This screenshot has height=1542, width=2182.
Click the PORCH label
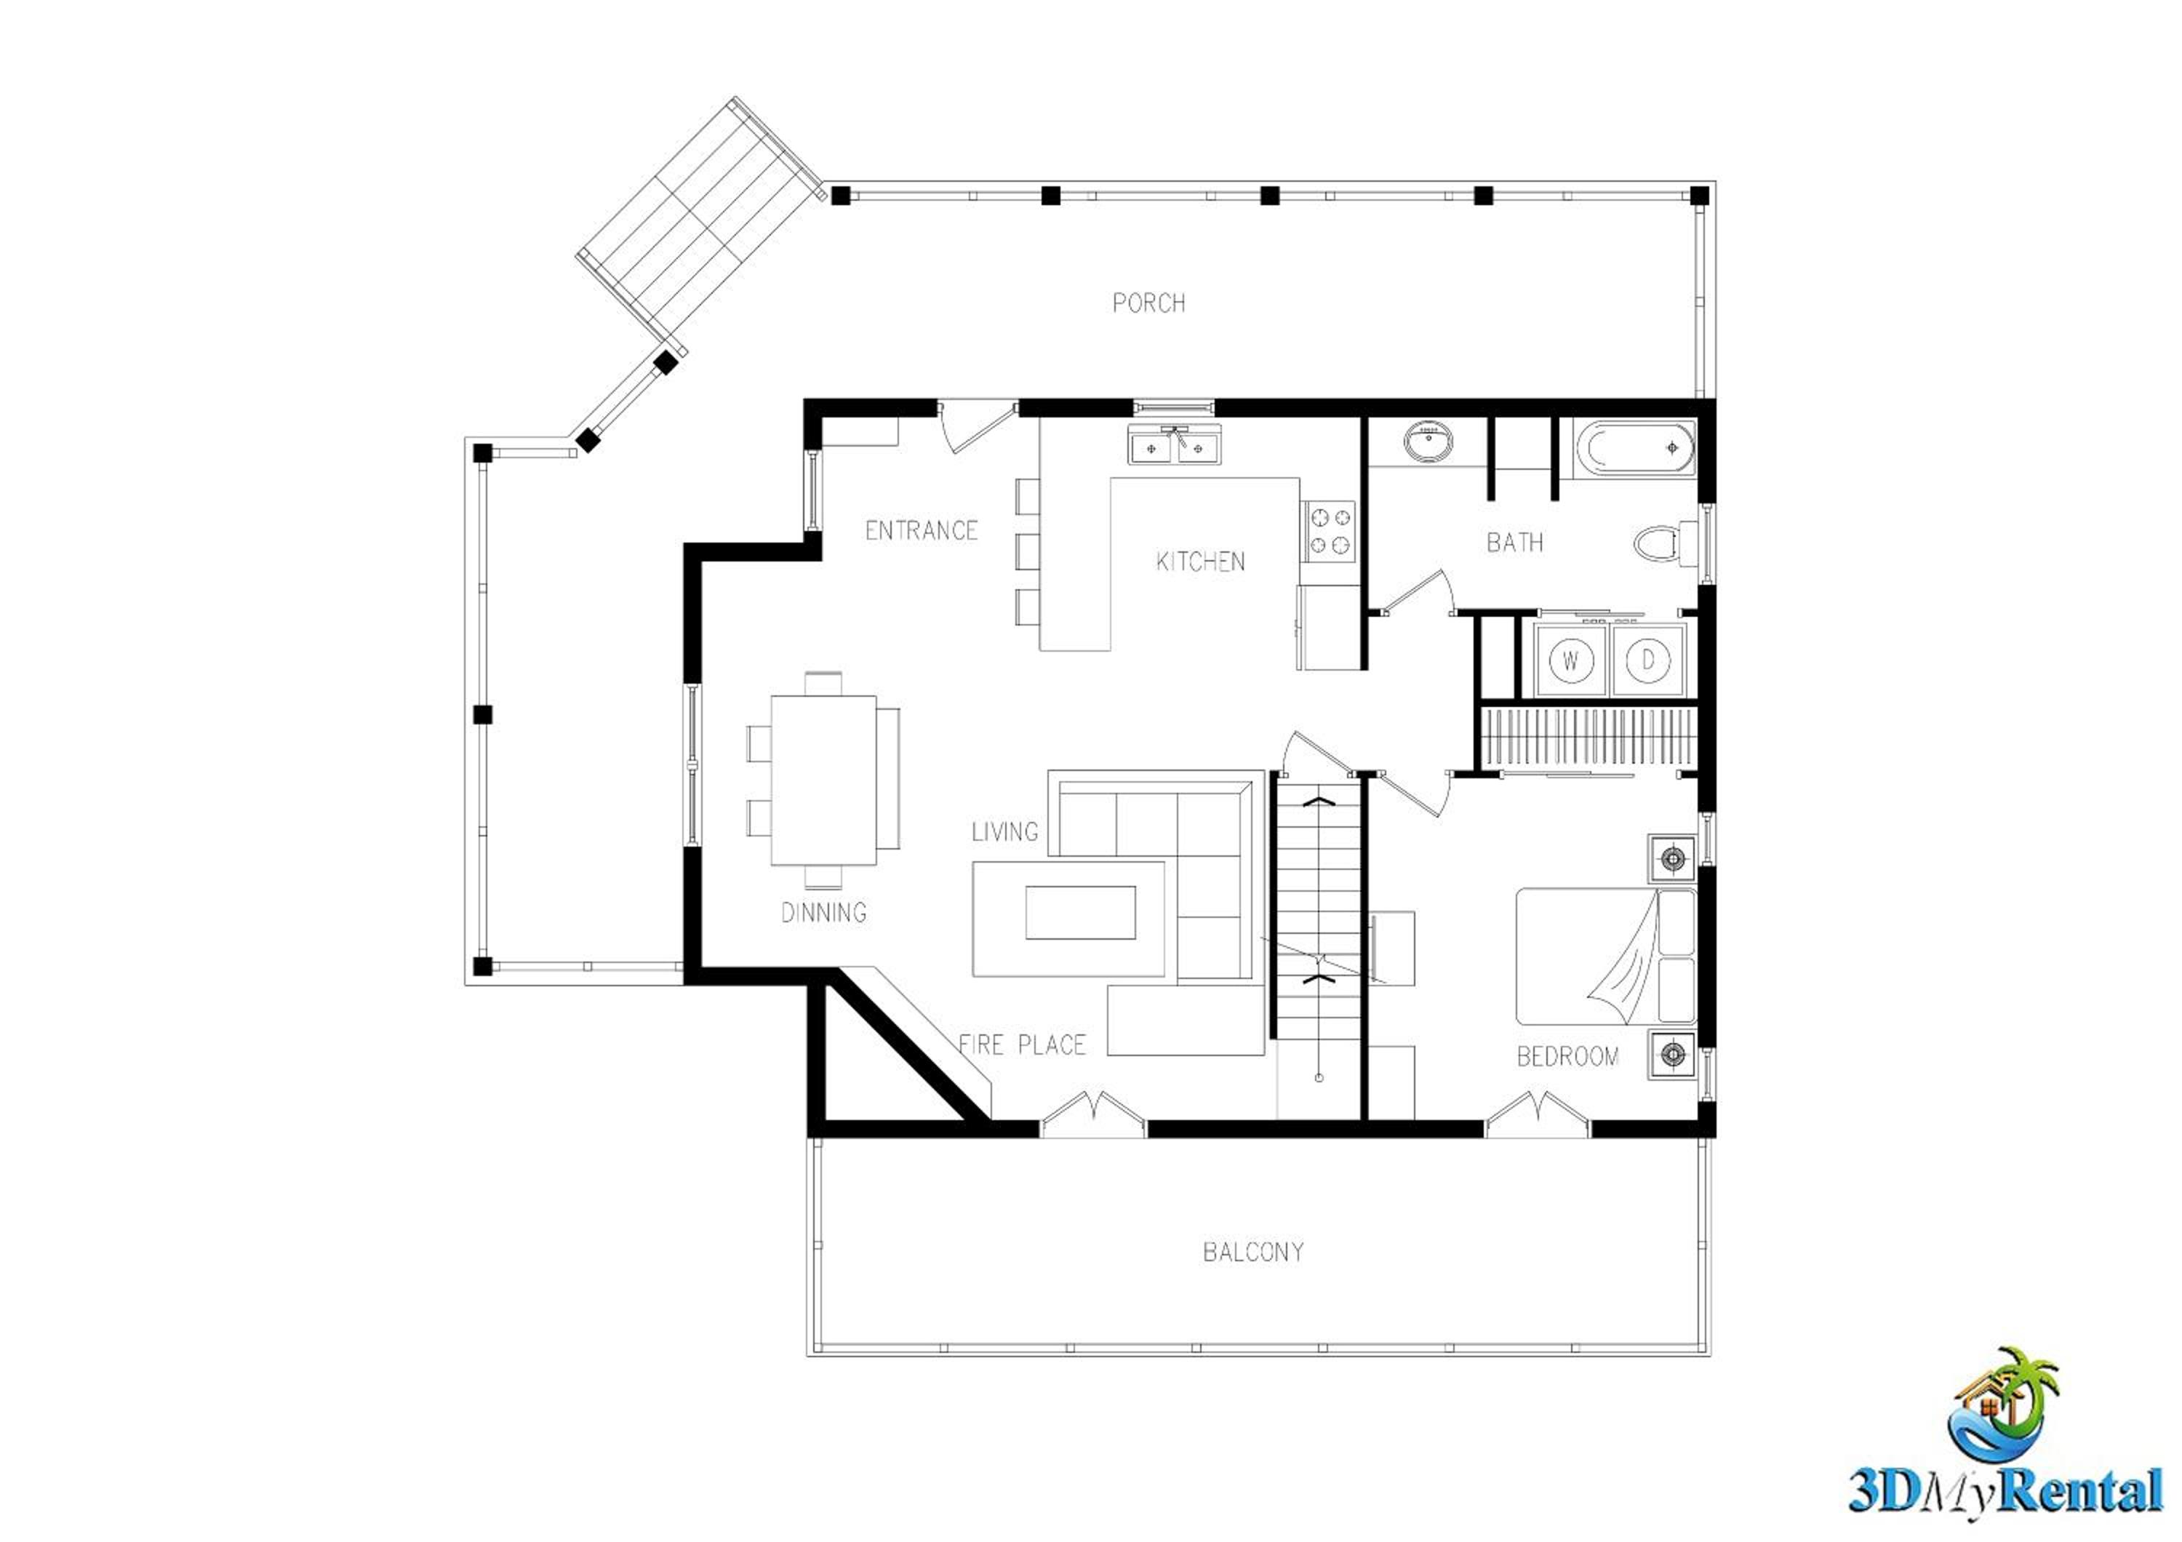tap(1149, 303)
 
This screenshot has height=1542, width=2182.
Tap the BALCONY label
tap(1253, 1253)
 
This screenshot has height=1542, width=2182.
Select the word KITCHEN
tap(1200, 562)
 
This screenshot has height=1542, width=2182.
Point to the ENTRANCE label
tap(921, 530)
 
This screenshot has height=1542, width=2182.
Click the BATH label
tap(1515, 543)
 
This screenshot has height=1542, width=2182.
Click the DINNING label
tap(824, 913)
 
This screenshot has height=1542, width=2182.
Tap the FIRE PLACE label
tap(1023, 1045)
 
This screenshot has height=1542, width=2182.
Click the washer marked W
tap(1571, 660)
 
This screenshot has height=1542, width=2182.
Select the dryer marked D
tap(1649, 660)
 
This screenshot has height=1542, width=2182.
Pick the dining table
tap(823, 780)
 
